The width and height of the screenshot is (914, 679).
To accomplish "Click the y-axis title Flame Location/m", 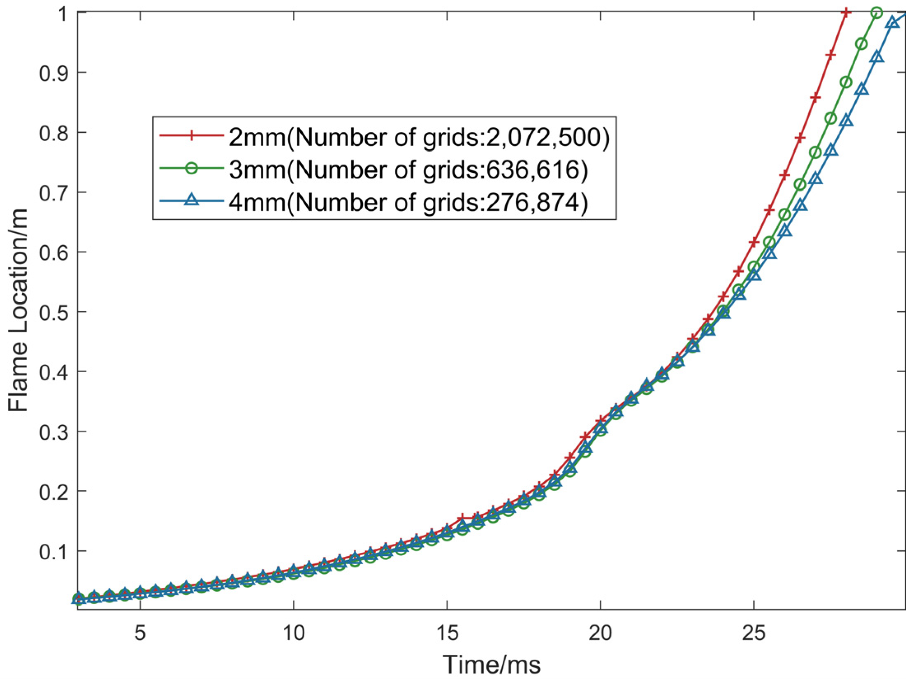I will pos(19,311).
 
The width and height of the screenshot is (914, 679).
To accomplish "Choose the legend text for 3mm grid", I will pos(408,170).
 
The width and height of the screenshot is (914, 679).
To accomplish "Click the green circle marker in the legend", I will pos(190,170).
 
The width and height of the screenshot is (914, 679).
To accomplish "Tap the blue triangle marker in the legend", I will pos(190,202).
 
